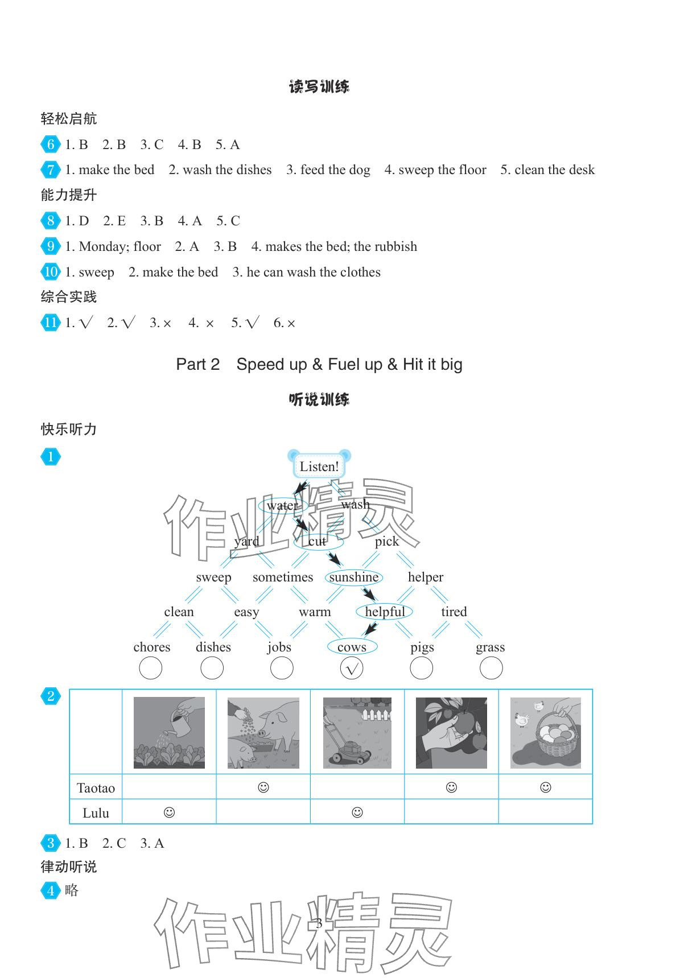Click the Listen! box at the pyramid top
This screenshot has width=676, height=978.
point(319,467)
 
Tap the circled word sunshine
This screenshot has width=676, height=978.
point(353,577)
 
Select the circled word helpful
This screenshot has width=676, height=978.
point(385,612)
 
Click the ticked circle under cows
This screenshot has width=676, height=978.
point(351,668)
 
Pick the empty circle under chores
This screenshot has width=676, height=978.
point(151,668)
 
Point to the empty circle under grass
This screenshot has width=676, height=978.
point(491,668)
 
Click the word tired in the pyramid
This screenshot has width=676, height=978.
point(454,612)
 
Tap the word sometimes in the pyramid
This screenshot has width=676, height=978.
point(283,577)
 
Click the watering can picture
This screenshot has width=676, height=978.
point(169,733)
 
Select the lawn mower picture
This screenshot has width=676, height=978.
point(357,733)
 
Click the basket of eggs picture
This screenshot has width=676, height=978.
point(545,733)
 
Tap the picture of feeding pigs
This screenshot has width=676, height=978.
point(263,733)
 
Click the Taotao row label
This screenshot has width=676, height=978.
point(96,788)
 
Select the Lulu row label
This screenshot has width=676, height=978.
point(96,813)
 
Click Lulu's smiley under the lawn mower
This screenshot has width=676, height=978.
point(357,812)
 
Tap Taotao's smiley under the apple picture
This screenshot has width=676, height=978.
point(451,787)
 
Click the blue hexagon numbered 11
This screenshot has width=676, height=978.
point(51,323)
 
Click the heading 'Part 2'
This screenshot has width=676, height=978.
point(197,364)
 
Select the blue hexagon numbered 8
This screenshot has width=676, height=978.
point(51,221)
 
